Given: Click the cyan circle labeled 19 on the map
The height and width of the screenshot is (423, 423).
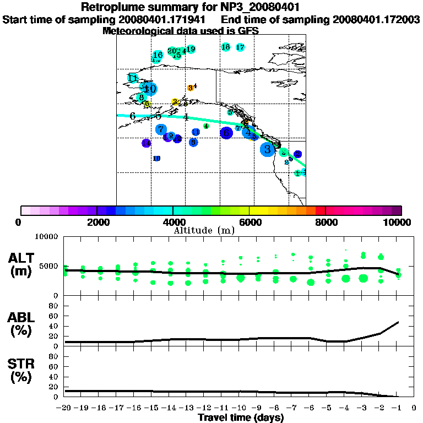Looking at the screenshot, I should pos(191,49).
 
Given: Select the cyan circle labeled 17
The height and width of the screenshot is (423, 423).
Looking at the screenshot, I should pos(240,47).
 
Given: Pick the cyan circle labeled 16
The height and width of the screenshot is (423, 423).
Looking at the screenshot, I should pos(158,55).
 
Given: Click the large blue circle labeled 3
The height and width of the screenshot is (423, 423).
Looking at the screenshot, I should pos(268,149).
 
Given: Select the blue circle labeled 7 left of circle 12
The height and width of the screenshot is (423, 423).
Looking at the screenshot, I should pos(161,130).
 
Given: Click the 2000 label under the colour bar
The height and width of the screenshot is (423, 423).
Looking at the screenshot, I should pos(97,222).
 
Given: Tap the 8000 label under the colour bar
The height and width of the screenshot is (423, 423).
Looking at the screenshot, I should pos(326,222).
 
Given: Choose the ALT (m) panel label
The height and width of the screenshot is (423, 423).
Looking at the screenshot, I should pos(23,264).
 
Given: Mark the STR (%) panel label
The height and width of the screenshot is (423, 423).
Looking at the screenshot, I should pos(23,370).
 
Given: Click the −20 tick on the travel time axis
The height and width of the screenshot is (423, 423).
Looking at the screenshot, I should pos(65,408).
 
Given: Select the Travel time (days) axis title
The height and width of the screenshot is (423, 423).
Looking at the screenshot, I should pos(241,417).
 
